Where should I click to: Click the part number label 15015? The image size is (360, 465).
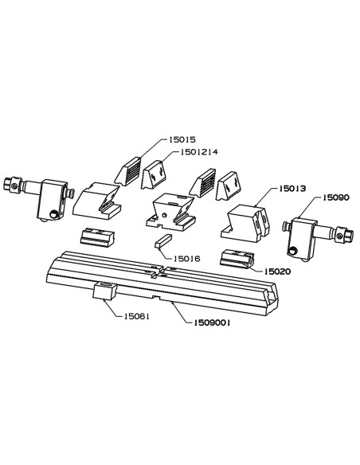click(x=182, y=139)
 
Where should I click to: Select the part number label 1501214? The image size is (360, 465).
click(x=199, y=152)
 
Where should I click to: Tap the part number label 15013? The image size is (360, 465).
click(x=292, y=189)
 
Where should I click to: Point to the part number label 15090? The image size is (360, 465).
click(x=336, y=197)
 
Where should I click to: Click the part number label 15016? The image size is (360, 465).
click(x=187, y=259)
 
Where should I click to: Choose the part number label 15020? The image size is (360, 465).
click(x=277, y=271)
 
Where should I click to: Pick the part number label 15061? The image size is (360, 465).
click(x=137, y=316)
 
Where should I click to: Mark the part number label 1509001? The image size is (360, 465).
click(x=212, y=322)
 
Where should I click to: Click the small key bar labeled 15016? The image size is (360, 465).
click(x=163, y=241)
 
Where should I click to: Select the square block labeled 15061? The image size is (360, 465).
click(x=104, y=291)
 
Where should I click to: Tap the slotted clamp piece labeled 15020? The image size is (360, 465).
click(x=237, y=258)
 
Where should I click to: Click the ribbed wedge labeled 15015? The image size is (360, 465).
click(x=127, y=171)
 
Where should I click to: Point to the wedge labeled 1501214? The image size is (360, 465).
click(x=154, y=174)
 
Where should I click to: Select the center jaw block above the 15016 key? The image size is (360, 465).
click(x=170, y=212)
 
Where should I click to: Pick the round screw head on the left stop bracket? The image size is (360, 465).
click(x=53, y=214)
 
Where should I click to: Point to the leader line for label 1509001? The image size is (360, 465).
click(x=181, y=311)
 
